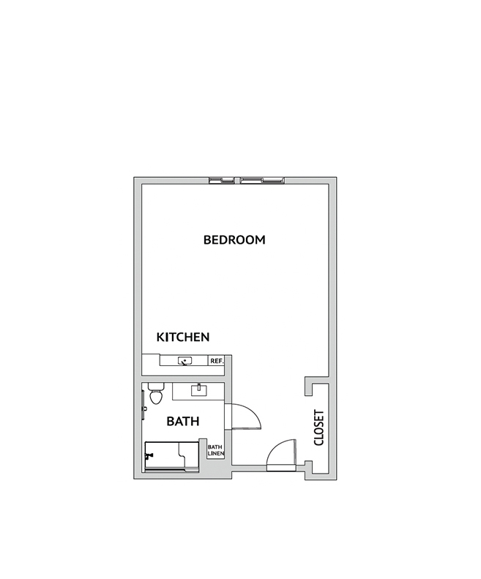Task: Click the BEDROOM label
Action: [234, 239]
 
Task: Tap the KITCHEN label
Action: [183, 337]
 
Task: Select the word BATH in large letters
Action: [183, 421]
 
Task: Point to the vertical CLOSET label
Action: [318, 427]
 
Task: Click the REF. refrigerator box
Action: [217, 361]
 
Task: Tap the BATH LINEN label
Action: [215, 450]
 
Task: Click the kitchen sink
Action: [184, 361]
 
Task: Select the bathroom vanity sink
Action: [198, 390]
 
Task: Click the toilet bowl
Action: [155, 397]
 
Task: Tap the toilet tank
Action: [156, 386]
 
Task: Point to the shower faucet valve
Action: [149, 456]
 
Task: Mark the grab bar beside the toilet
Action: [143, 405]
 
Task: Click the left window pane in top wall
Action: [221, 181]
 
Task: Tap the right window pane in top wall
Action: [262, 181]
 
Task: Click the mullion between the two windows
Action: [237, 181]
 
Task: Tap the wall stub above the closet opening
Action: [309, 386]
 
